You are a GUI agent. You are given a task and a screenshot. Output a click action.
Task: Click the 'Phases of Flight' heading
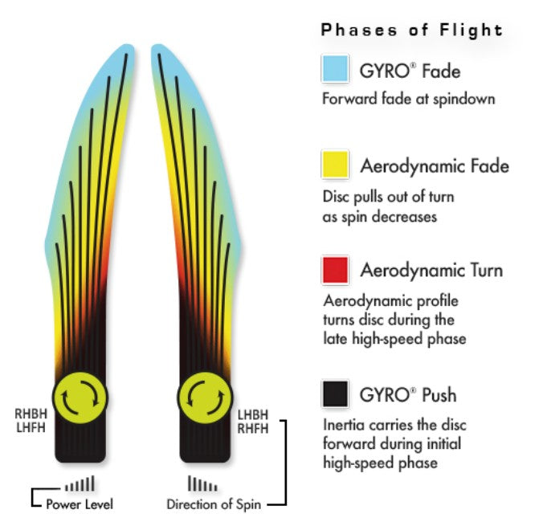click(x=412, y=31)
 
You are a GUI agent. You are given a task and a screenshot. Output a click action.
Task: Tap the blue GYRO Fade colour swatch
click(x=333, y=70)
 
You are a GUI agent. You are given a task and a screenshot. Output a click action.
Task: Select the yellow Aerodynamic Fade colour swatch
click(x=333, y=165)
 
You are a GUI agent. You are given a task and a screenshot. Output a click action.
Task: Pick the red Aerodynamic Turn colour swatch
click(x=333, y=269)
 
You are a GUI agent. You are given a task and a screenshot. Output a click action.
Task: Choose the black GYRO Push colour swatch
click(x=333, y=393)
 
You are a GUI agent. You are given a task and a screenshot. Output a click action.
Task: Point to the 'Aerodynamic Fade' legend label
click(x=434, y=166)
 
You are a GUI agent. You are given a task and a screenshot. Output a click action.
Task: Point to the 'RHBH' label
click(x=31, y=414)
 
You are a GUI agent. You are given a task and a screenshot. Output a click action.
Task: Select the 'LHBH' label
click(x=253, y=414)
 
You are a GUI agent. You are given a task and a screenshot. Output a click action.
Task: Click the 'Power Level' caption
click(x=79, y=504)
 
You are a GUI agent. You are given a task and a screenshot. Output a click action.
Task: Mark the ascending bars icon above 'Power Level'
click(x=80, y=483)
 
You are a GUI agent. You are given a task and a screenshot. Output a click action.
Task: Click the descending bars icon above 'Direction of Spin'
click(x=202, y=483)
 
